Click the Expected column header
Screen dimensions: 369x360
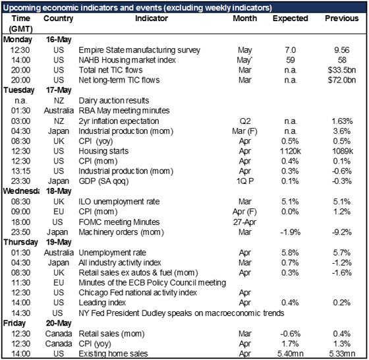(291, 18)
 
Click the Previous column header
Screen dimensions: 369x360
(342, 18)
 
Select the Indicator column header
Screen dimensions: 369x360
(152, 18)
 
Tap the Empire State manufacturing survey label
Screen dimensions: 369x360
(139, 50)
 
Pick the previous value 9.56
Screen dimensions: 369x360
(342, 50)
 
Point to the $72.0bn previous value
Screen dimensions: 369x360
(342, 80)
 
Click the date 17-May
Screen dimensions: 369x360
(59, 90)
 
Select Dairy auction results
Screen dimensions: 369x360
(114, 100)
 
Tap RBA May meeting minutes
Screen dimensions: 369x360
(124, 111)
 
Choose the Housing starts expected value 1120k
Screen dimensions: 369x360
(291, 151)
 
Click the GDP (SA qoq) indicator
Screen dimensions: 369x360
(104, 181)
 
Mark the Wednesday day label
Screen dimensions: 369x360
(21, 191)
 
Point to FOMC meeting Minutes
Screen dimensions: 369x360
(119, 222)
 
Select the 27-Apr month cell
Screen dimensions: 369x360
(244, 222)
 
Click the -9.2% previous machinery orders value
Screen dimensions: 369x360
(342, 232)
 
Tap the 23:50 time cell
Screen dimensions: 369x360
(20, 232)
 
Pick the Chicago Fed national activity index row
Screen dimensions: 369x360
(138, 293)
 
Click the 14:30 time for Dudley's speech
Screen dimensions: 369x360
(20, 313)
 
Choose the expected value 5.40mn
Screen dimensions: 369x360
(291, 353)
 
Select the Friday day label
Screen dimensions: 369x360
(14, 324)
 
